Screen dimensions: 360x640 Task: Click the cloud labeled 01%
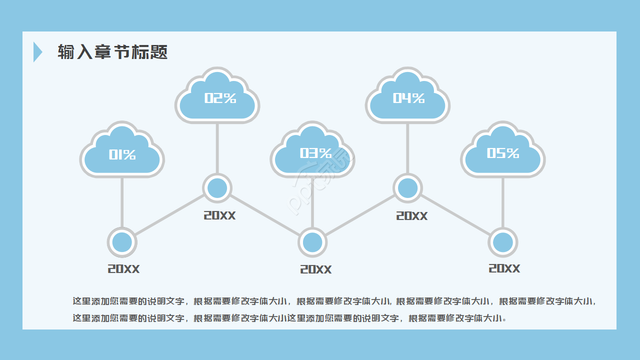pos(122,152)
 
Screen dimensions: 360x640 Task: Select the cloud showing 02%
pos(217,97)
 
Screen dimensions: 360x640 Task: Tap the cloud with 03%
pos(312,152)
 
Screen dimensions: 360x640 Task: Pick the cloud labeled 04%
pos(407,97)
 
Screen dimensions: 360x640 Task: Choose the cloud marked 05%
pos(503,152)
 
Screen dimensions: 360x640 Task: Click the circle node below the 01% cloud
pos(122,242)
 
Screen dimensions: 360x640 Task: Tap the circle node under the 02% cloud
pos(217,188)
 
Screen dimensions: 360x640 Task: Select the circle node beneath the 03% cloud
pos(312,242)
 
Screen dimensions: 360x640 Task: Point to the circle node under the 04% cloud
pos(407,188)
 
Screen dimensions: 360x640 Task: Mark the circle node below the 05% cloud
pos(503,242)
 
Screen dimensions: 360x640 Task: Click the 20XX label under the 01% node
pos(123,269)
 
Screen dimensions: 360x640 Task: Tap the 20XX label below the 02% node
pos(219,215)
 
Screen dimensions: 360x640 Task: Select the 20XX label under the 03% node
pos(315,269)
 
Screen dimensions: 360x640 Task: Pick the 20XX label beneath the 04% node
pos(412,216)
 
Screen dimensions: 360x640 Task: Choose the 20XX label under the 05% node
pos(504,268)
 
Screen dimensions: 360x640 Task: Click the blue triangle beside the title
pos(37,52)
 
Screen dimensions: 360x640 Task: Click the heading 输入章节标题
pos(112,52)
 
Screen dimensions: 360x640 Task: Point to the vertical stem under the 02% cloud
pos(217,147)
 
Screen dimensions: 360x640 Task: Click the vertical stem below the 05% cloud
pos(503,202)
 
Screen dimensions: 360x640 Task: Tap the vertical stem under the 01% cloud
pos(122,202)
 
